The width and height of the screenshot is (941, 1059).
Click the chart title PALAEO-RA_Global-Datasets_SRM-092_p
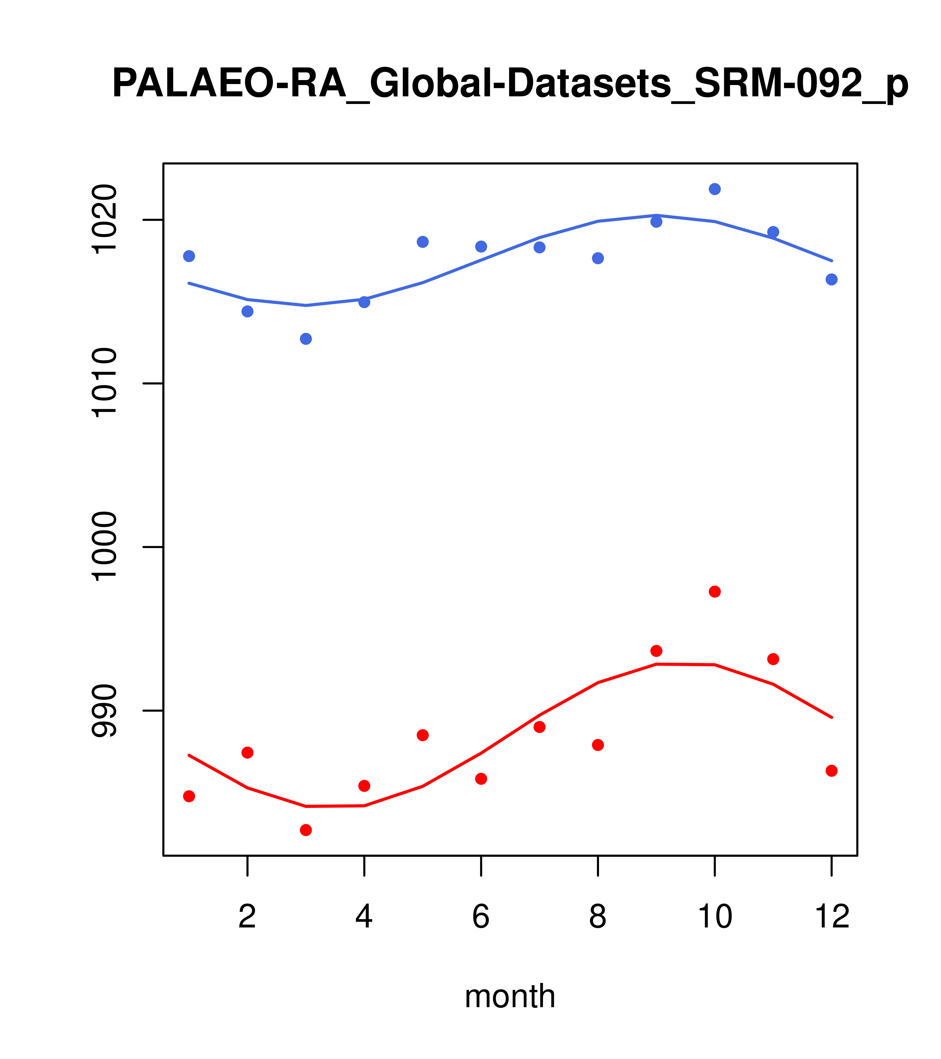pos(510,84)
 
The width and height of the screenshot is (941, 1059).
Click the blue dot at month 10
pos(715,189)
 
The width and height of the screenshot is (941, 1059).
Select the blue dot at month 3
pos(306,339)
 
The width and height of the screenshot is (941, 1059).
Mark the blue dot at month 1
pos(189,256)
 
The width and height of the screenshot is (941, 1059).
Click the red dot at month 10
pos(715,592)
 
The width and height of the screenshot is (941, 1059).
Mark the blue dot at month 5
pos(423,242)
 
